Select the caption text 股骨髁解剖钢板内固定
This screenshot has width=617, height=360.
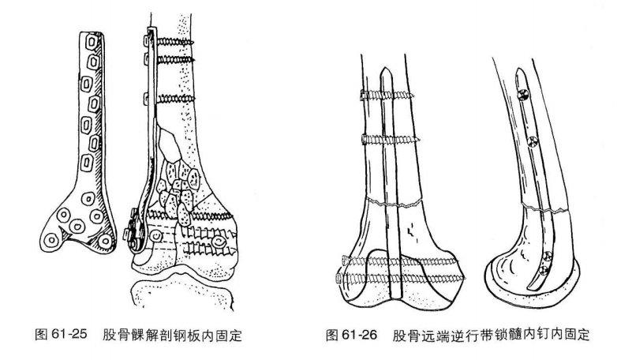(171, 336)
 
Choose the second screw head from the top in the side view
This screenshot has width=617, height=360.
(532, 143)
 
